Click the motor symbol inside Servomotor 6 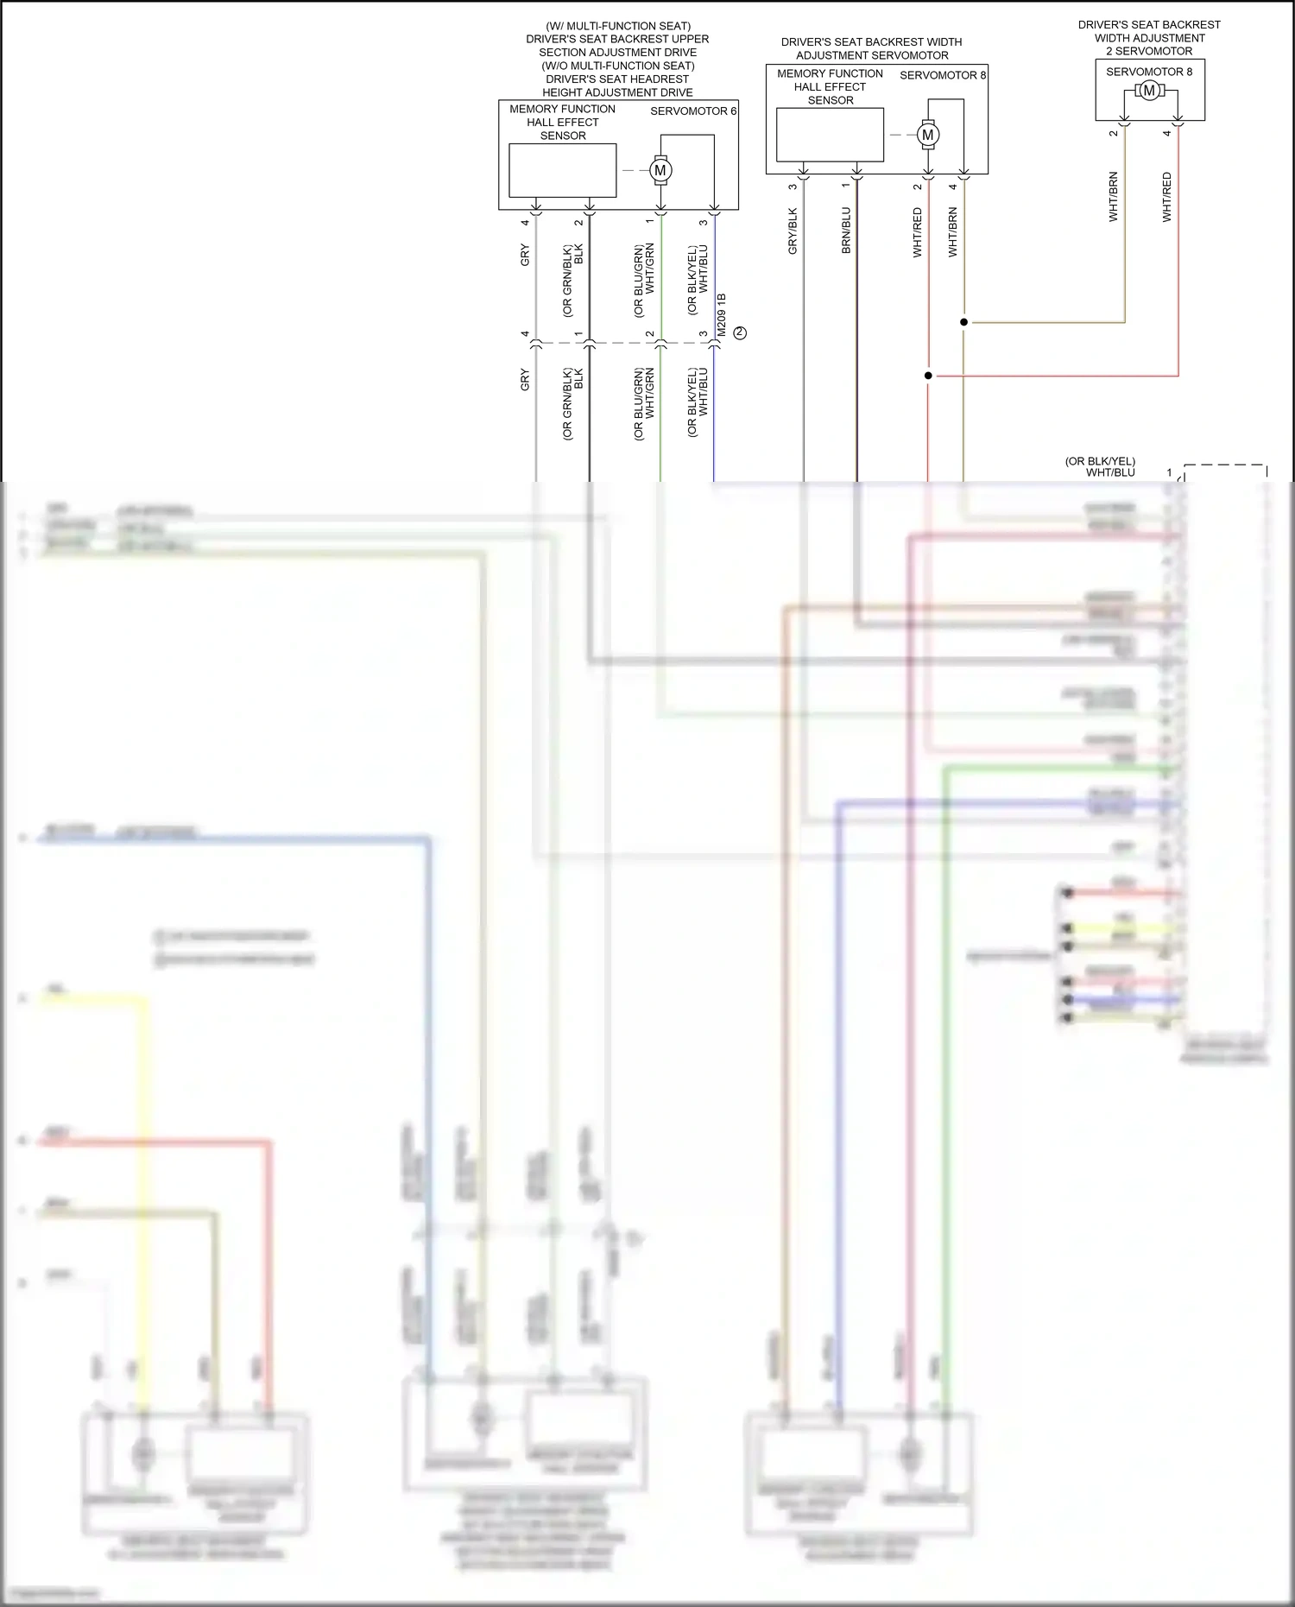(x=660, y=170)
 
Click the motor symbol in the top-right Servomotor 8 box (x=1148, y=91)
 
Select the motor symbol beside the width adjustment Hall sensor (x=928, y=135)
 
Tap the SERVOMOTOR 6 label (x=692, y=111)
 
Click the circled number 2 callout (x=740, y=332)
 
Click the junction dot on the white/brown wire (x=963, y=322)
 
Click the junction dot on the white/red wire (x=928, y=376)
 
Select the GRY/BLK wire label (x=793, y=231)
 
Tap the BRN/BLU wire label (x=846, y=230)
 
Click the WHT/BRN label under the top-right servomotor (x=1113, y=197)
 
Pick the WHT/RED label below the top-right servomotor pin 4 (x=1166, y=197)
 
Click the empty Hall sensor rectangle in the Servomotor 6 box (x=562, y=170)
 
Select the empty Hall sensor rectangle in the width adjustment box (x=830, y=135)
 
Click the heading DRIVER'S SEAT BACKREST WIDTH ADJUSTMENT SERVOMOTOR (x=871, y=48)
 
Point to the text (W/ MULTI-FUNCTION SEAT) (x=618, y=26)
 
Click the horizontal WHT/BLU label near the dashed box (x=1110, y=472)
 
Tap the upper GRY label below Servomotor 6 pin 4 (x=525, y=256)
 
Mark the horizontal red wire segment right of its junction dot (x=1053, y=376)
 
